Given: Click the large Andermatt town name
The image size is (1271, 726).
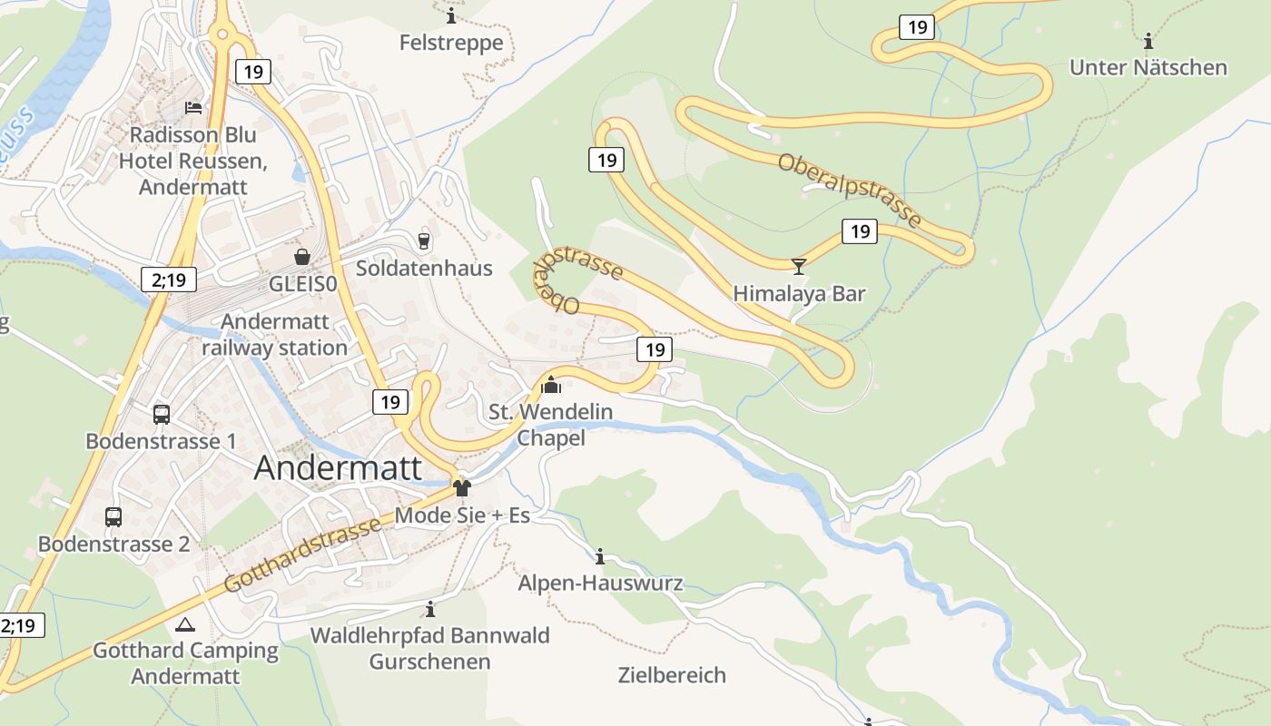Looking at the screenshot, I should tap(338, 468).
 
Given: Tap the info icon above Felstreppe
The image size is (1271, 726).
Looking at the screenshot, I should tap(451, 16).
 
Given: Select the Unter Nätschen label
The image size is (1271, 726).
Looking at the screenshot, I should tap(1148, 67).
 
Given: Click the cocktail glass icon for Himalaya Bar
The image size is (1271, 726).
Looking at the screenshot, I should tap(799, 266).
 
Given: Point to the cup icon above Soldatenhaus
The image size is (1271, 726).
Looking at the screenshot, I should tap(423, 240).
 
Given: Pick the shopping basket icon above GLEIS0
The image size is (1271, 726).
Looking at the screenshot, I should tap(302, 257).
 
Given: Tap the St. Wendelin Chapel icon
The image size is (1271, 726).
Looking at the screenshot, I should tap(550, 385).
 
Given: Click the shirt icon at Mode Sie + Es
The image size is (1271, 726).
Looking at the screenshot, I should tap(462, 488).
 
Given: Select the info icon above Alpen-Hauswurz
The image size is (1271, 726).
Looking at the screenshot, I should tap(599, 556).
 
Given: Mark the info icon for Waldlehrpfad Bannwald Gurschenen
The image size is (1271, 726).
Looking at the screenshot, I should tap(430, 609).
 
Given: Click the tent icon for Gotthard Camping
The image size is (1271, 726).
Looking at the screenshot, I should tap(185, 624).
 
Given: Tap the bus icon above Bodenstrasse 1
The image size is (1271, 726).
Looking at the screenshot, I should tap(162, 415).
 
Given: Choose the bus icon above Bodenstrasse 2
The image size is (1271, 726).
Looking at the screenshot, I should tap(113, 517).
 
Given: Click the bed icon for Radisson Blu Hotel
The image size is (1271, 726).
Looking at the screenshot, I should tap(193, 107).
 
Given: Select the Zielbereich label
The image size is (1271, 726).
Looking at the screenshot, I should tap(672, 675).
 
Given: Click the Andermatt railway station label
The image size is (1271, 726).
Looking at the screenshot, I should tap(274, 335).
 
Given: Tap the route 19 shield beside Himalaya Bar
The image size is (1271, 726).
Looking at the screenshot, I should tap(859, 231).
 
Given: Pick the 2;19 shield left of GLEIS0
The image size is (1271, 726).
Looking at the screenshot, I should tap(169, 280).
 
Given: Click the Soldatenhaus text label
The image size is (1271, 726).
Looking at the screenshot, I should tap(424, 268).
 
